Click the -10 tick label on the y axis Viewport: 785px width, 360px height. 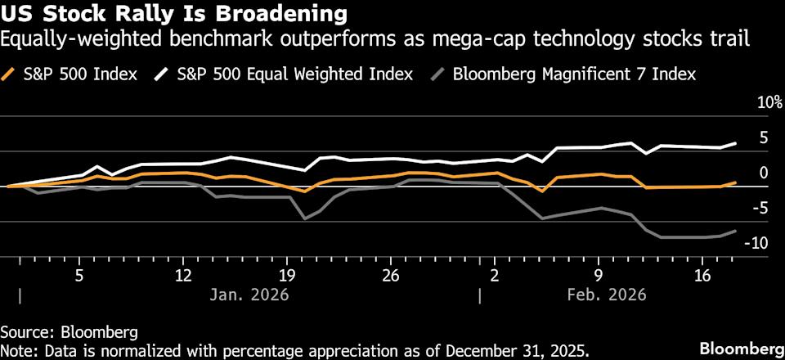click(758, 243)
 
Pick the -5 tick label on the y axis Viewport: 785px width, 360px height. click(760, 208)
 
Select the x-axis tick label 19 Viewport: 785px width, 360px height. click(287, 276)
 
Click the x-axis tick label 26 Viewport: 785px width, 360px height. click(390, 276)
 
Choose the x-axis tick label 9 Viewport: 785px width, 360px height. click(599, 276)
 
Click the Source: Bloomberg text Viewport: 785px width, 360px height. click(69, 332)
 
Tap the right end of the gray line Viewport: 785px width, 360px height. click(735, 231)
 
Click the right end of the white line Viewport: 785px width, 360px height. click(735, 143)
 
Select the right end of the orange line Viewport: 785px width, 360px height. click(735, 182)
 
